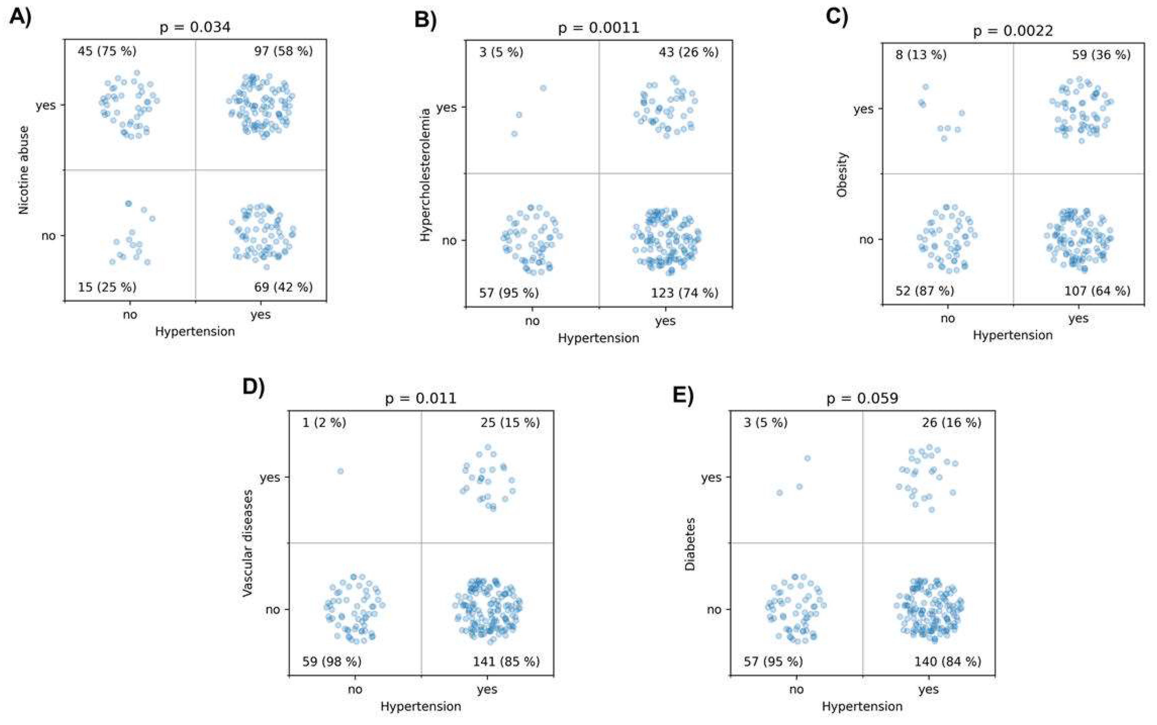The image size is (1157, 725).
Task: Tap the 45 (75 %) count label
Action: (107, 51)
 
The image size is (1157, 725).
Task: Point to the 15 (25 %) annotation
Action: (107, 287)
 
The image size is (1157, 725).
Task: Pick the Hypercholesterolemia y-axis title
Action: (424, 175)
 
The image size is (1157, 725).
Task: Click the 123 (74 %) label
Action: (684, 293)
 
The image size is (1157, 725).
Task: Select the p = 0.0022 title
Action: (1013, 31)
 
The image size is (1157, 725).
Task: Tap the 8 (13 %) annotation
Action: (921, 55)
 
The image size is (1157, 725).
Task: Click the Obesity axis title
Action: (842, 175)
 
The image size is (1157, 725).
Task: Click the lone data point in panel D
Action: (340, 471)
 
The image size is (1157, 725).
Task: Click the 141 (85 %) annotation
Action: (506, 662)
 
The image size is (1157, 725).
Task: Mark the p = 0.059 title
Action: (862, 399)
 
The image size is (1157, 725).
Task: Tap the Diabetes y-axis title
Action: (690, 543)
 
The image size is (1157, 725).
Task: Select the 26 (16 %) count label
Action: (951, 423)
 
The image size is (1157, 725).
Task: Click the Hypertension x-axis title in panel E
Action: (862, 706)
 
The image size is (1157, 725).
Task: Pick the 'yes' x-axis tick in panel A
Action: (260, 315)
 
